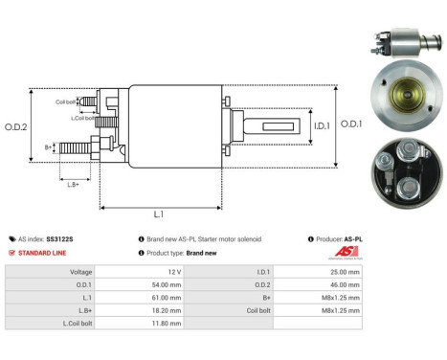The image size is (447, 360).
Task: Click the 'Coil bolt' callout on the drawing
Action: coord(65,101)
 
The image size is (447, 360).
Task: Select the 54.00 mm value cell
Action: coord(168,285)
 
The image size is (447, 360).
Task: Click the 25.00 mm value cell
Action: coord(342,272)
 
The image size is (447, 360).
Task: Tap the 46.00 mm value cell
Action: coord(342,285)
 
